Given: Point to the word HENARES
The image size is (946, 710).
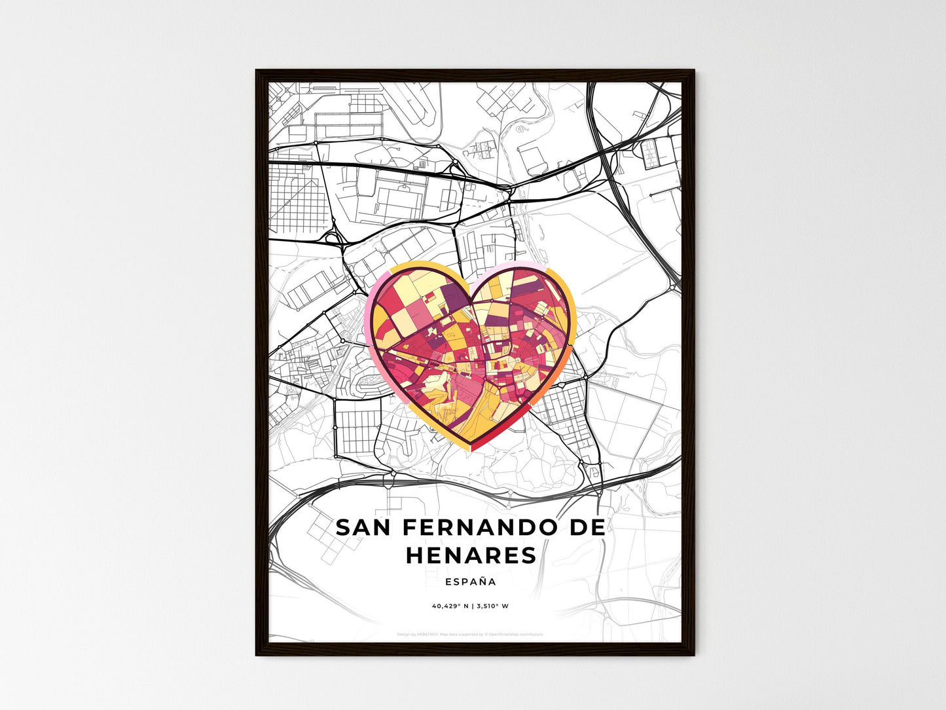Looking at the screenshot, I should (471, 555).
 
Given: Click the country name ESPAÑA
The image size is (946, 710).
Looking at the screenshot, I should (470, 582).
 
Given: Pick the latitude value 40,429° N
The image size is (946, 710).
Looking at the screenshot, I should (450, 606).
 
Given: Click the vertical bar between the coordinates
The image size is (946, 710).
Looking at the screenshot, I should (472, 606).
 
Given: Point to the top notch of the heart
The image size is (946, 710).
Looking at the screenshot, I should (471, 293).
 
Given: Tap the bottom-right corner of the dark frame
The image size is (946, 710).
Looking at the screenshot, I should (693, 654).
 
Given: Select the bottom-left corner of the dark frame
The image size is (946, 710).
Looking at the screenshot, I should (257, 654).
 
